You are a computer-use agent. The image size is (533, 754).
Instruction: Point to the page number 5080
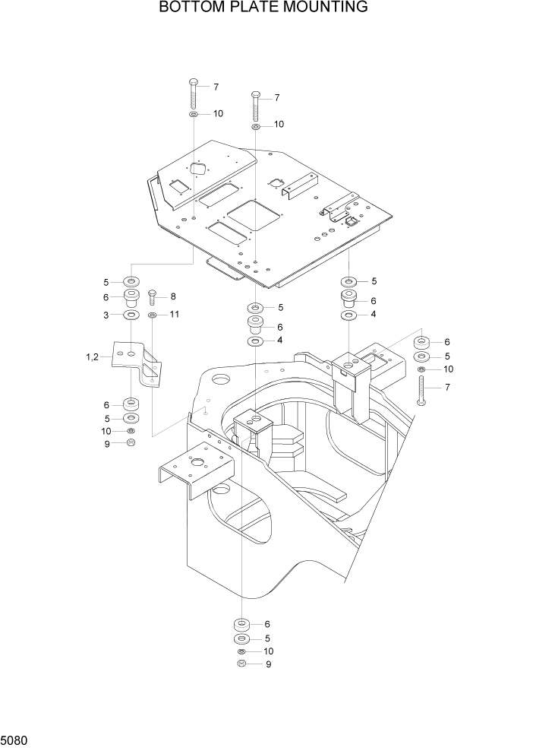click(x=16, y=737)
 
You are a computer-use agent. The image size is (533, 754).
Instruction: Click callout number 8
click(x=173, y=296)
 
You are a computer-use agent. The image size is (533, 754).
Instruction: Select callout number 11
click(x=174, y=314)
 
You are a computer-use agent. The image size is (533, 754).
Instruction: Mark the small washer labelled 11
click(x=153, y=314)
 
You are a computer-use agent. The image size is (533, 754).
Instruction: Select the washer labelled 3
click(x=131, y=315)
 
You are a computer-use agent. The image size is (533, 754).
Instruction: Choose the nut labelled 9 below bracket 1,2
click(x=131, y=443)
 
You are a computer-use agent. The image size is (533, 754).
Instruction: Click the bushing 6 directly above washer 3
click(x=131, y=296)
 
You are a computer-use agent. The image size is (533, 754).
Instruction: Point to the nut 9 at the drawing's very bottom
click(x=241, y=664)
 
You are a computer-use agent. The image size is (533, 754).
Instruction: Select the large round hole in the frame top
click(x=222, y=379)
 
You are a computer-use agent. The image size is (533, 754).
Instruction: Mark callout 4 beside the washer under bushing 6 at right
click(x=374, y=314)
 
